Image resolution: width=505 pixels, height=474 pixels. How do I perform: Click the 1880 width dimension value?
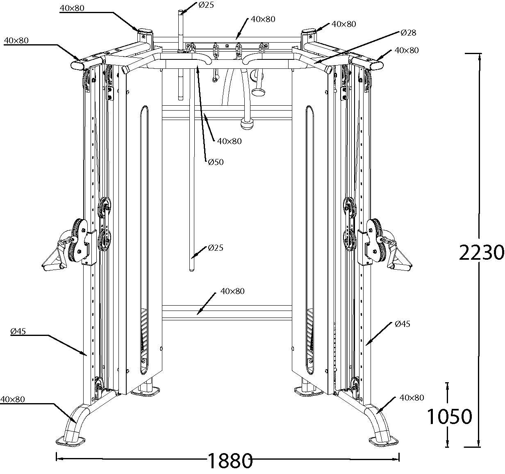pos(229,461)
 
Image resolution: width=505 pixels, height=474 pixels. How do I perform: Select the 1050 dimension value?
pos(449,417)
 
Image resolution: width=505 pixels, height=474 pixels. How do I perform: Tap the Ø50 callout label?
pos(216,162)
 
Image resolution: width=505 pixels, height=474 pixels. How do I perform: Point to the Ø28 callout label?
pos(408,32)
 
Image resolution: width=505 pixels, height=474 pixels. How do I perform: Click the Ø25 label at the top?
pos(206,5)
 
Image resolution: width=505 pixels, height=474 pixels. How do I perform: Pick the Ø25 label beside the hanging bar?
pos(216,247)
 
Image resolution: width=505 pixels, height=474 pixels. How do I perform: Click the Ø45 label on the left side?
pos(18,331)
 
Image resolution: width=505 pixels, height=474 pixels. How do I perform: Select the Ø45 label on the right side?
pos(403,324)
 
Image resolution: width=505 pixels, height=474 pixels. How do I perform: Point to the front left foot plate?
pos(70,440)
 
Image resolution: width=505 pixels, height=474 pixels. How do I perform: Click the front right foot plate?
pos(383,442)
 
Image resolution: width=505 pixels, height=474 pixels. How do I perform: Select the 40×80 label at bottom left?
pos(13,399)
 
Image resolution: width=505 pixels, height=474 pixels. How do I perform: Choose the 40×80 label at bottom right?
pos(412,397)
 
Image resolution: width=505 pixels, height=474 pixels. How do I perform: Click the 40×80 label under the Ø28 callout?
pos(406,50)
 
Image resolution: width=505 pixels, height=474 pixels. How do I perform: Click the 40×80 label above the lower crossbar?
pos(232,291)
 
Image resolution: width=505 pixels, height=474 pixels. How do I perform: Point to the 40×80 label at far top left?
pos(16,40)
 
